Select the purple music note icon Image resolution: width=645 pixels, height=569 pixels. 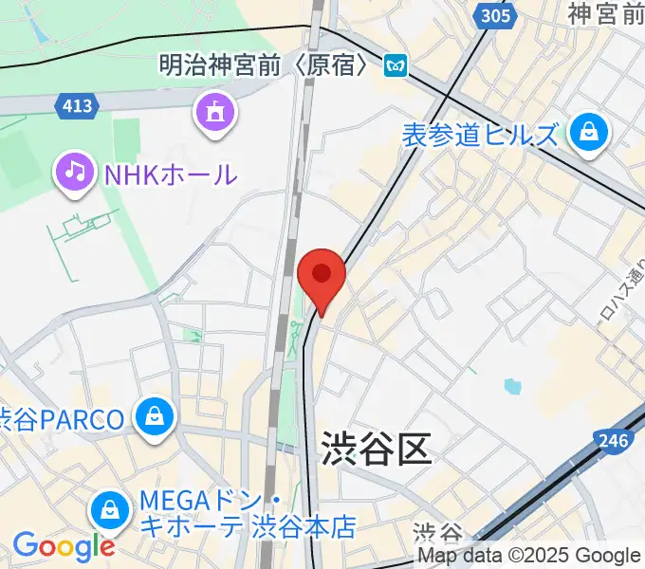[76, 173]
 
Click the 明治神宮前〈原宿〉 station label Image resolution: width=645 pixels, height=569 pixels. [268, 64]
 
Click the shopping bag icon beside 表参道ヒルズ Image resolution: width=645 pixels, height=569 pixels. [589, 133]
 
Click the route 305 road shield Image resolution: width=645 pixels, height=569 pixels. [493, 16]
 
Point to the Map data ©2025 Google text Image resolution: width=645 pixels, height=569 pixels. [529, 557]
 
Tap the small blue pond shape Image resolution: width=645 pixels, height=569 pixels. [513, 386]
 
